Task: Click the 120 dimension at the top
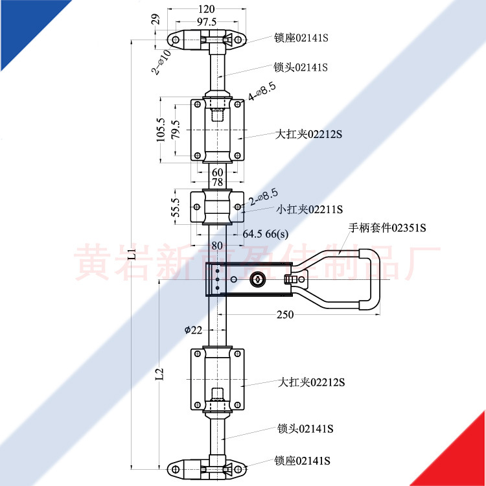(207, 9)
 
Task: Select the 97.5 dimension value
(207, 21)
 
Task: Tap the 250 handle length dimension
(285, 314)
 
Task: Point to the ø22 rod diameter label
(193, 330)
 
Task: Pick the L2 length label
(161, 375)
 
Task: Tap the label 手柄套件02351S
(388, 227)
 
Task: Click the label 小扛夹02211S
(310, 209)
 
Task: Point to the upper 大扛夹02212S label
(308, 134)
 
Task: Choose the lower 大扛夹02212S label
(312, 382)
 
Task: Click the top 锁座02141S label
(301, 38)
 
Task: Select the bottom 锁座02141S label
(303, 461)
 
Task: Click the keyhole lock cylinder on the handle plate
(255, 281)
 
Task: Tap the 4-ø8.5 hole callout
(263, 92)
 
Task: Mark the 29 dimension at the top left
(155, 19)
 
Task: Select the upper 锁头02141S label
(301, 67)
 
